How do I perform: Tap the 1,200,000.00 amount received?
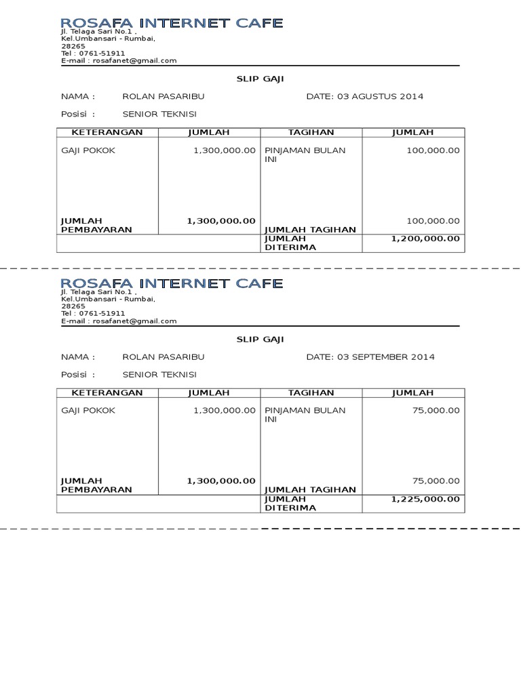tap(425, 239)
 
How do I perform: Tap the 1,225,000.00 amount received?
tap(425, 499)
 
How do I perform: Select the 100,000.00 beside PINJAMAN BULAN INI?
tap(433, 150)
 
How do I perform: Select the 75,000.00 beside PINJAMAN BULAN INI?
tap(436, 411)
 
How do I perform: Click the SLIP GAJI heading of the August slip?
tap(260, 79)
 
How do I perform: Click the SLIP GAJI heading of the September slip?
tap(260, 339)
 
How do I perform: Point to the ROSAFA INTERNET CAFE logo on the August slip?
tap(172, 24)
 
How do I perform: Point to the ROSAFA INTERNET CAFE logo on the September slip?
tap(172, 283)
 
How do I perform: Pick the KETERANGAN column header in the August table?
tap(108, 132)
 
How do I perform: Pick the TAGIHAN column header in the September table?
tap(311, 392)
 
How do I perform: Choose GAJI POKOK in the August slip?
tap(88, 150)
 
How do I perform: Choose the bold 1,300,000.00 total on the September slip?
tap(221, 481)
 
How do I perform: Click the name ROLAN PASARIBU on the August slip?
tap(163, 96)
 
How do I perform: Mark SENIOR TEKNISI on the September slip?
tap(159, 374)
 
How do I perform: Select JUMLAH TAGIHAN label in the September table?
tap(310, 489)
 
